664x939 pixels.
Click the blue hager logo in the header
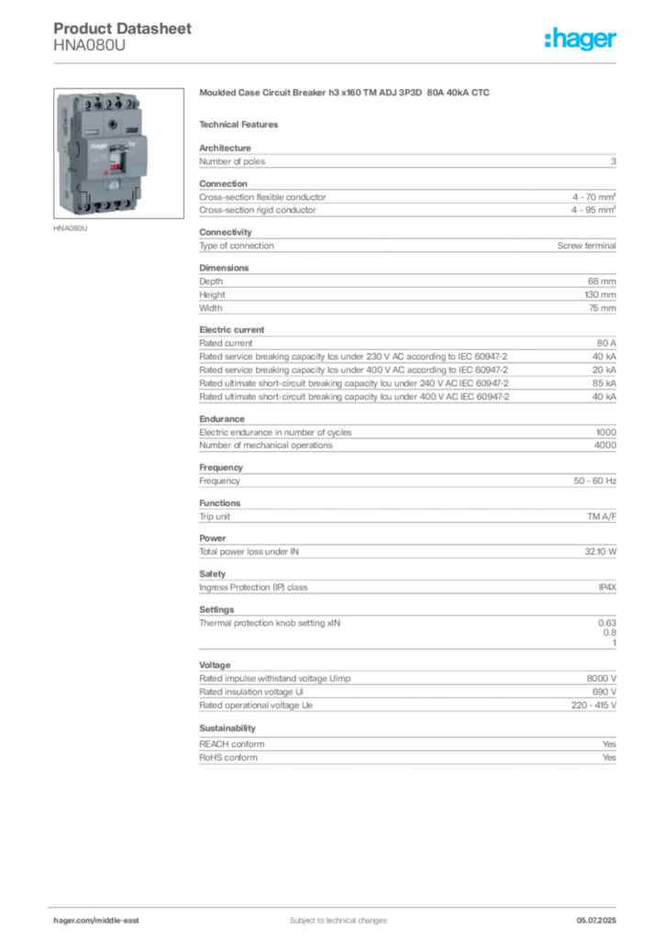tap(581, 39)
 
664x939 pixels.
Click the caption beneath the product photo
tap(73, 230)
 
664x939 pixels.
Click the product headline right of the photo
tap(345, 94)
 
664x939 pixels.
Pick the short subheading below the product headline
tap(242, 124)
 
